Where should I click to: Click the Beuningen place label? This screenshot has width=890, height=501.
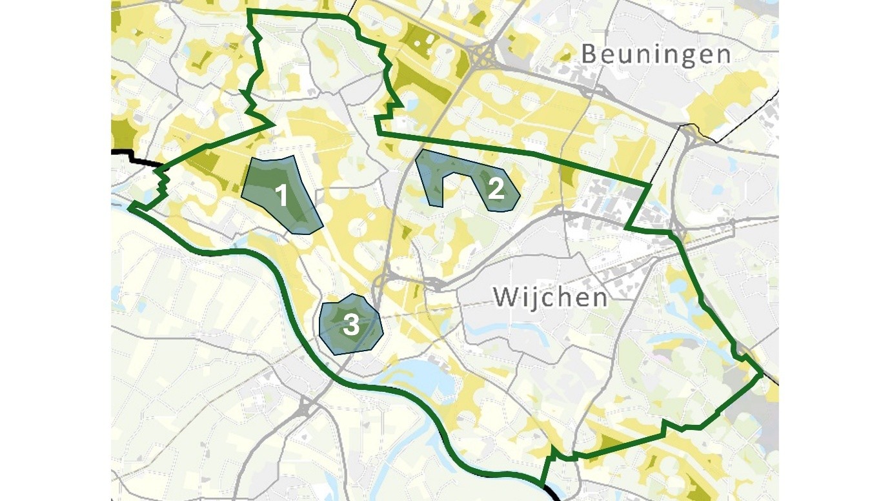click(x=656, y=54)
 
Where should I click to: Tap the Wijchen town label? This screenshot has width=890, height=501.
click(x=550, y=298)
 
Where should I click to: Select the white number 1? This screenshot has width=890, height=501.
click(x=281, y=195)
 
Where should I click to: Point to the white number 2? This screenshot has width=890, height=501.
click(x=496, y=189)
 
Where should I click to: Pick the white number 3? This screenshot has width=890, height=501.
click(x=350, y=325)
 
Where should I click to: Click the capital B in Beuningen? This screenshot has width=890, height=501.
click(x=589, y=54)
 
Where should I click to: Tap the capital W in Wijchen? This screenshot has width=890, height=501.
click(x=506, y=298)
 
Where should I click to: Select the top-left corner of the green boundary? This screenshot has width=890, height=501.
click(x=249, y=12)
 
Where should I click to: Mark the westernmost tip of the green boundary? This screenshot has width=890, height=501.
click(x=130, y=208)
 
